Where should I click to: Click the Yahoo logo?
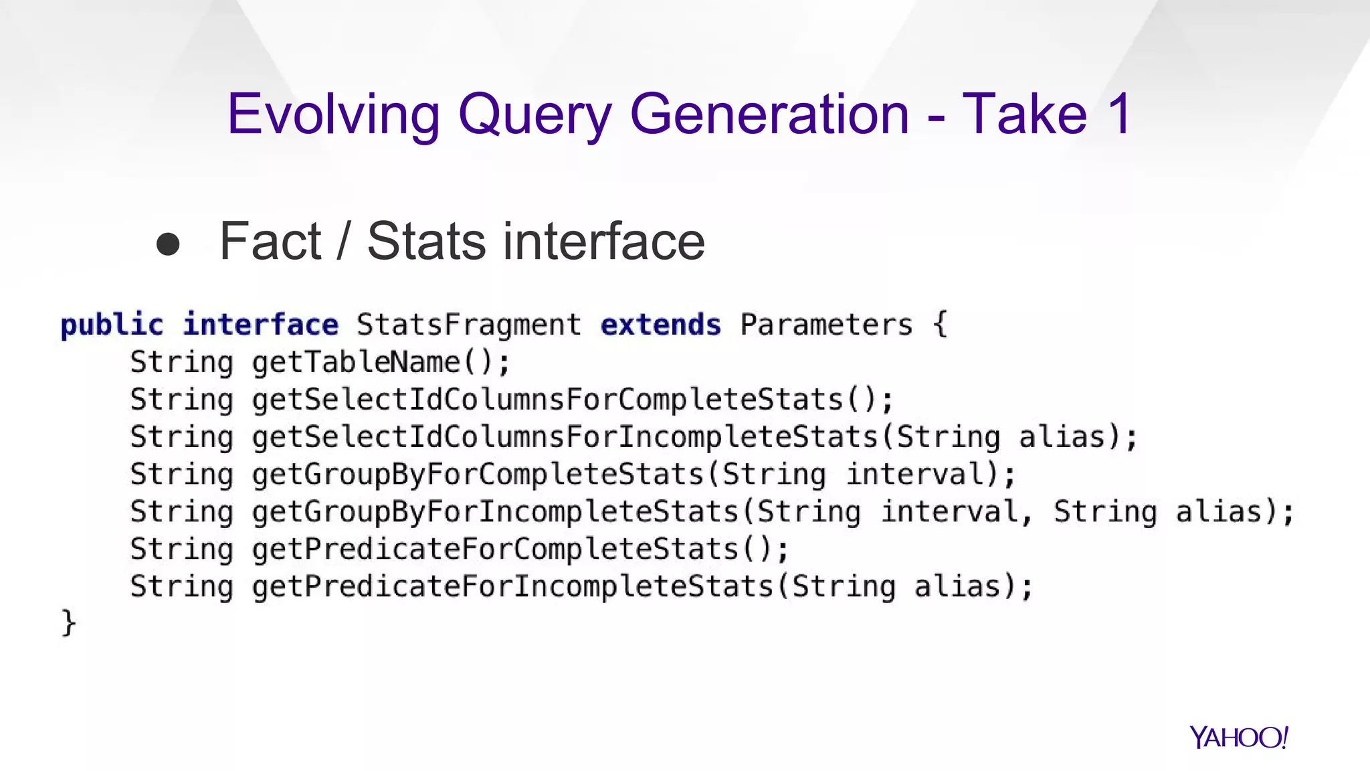coord(1238,738)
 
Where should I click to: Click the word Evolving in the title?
coord(333,114)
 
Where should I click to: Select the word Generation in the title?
coord(769,114)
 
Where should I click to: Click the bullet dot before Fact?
coord(168,244)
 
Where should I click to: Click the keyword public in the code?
coord(112,325)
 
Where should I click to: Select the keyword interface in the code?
coord(261,325)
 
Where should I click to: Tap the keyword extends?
coord(661,325)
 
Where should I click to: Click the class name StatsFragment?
coord(469,325)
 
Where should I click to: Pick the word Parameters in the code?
coord(826,325)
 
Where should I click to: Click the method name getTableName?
coord(356,363)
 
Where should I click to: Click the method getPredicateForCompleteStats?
coord(495,549)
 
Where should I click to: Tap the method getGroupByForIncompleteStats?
coord(495,512)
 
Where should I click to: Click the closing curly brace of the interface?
coord(68,624)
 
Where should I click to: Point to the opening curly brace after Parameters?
coord(940,325)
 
